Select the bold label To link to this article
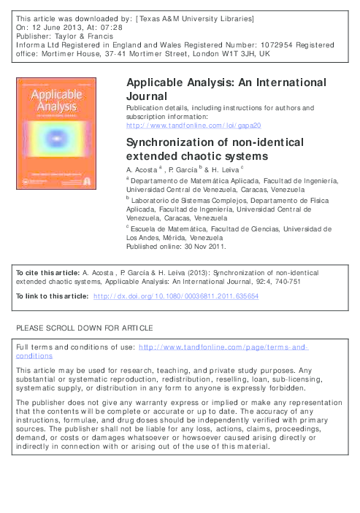[x=52, y=296]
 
